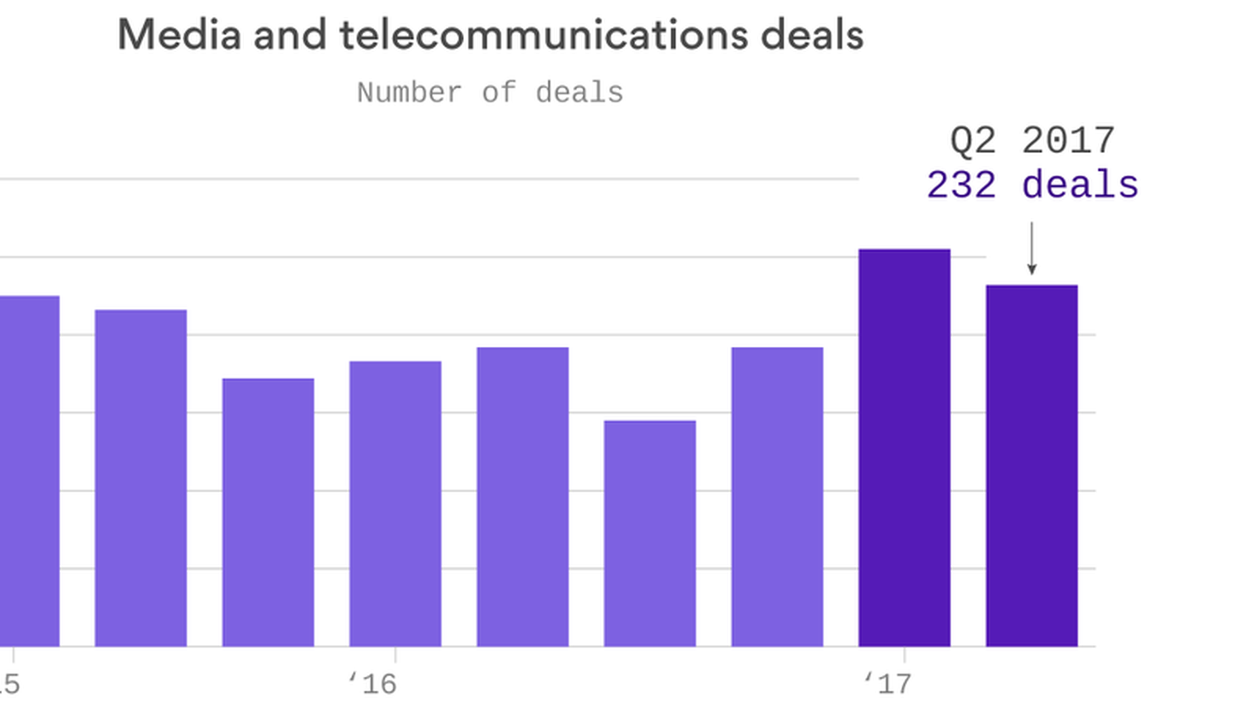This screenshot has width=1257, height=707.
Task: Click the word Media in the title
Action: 179,35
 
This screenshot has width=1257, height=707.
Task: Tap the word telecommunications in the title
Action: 543,35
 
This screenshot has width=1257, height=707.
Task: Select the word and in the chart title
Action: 289,35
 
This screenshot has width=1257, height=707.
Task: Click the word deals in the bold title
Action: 812,35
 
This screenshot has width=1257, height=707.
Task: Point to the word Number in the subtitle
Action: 409,93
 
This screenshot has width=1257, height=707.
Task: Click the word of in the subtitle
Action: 499,93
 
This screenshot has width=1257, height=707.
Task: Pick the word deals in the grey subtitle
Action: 579,93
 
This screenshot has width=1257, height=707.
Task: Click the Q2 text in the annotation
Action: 973,141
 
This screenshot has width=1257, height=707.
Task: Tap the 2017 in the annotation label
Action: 1068,141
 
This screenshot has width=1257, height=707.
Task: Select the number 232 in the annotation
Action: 961,185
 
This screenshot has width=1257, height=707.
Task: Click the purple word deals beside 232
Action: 1080,185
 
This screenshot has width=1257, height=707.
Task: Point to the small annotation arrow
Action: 1032,249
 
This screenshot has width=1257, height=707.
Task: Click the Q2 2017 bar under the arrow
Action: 1032,465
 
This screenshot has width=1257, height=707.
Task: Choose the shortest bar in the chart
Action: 649,534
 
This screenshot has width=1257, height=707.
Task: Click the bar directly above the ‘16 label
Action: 395,504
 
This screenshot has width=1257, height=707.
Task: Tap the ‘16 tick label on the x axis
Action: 373,684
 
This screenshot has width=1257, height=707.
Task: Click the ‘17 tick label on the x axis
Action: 888,684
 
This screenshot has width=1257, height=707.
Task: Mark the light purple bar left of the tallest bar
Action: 777,498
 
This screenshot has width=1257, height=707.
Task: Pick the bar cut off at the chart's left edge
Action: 29,471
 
